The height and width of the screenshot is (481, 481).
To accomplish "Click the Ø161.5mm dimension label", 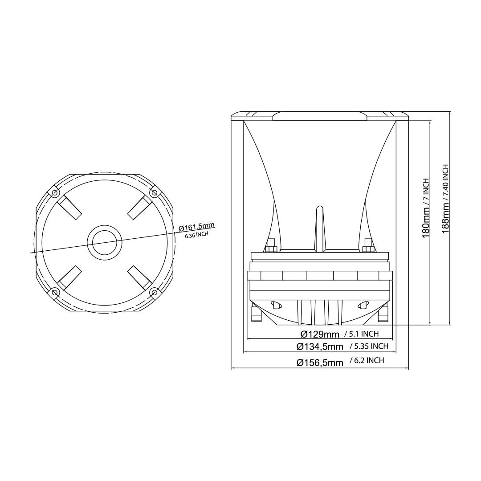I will (x=197, y=227).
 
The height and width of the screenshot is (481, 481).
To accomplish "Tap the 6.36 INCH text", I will (x=196, y=235).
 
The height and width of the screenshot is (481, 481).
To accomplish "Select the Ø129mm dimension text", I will (x=320, y=334).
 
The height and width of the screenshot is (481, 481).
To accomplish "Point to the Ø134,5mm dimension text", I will (x=320, y=346).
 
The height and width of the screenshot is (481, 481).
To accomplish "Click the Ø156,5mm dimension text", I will (x=320, y=363).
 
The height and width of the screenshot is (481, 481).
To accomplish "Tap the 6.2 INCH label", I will (x=367, y=361).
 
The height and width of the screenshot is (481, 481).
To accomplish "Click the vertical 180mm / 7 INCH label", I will (x=426, y=208).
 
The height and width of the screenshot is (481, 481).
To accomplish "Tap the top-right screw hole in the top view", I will (x=154, y=192).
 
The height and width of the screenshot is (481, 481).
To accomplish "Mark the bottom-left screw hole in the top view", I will (x=54, y=292).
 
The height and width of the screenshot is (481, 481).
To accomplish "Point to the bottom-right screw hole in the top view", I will (x=154, y=292).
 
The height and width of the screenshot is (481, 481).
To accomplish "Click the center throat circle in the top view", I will (x=105, y=242).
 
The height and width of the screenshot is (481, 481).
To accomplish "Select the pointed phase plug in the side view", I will (x=319, y=227).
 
